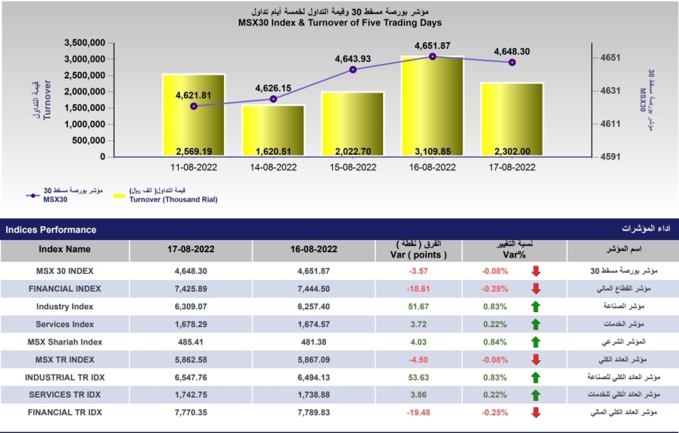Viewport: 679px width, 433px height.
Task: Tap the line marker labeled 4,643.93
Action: pyautogui.click(x=353, y=69)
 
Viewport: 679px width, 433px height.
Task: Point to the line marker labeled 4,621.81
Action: pyautogui.click(x=194, y=106)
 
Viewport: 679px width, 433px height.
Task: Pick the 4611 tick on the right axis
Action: pyautogui.click(x=606, y=124)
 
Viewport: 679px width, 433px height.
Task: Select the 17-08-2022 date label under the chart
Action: pyautogui.click(x=512, y=167)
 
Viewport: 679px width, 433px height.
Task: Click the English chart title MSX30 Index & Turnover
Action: pyautogui.click(x=340, y=22)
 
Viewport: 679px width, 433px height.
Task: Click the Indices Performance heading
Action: pyautogui.click(x=51, y=230)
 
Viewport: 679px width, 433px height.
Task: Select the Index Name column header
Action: pyautogui.click(x=65, y=249)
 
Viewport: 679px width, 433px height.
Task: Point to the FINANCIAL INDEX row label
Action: pyautogui.click(x=65, y=289)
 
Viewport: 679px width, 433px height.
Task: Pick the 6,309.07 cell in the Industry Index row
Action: pyautogui.click(x=190, y=307)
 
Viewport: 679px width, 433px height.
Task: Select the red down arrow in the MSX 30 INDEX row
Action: pyautogui.click(x=536, y=271)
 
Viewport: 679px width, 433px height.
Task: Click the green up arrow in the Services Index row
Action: pyautogui.click(x=536, y=324)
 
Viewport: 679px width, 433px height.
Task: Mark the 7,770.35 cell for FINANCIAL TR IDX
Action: pyautogui.click(x=190, y=413)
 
